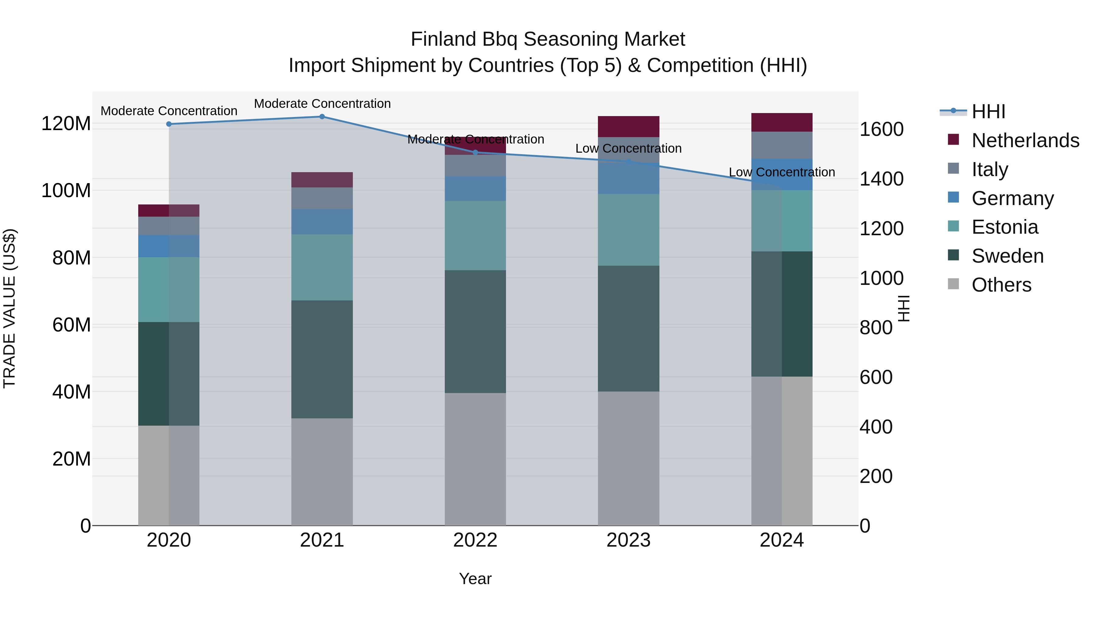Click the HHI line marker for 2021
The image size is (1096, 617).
(322, 117)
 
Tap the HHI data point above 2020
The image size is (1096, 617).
(169, 124)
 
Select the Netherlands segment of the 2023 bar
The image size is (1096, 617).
(628, 126)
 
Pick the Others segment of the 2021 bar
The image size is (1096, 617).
(322, 471)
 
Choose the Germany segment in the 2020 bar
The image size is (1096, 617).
(169, 246)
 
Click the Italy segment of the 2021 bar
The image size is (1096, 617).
(322, 198)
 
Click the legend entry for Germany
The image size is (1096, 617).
(1012, 198)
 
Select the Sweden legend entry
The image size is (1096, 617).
(1007, 256)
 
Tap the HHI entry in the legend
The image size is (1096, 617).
(988, 112)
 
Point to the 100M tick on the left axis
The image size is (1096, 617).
(66, 190)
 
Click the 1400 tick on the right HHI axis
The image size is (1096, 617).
(881, 179)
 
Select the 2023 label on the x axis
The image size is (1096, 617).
(628, 540)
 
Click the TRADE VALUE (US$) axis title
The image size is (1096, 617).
(9, 308)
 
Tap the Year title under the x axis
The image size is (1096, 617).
(475, 579)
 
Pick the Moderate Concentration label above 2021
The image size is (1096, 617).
(322, 104)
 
